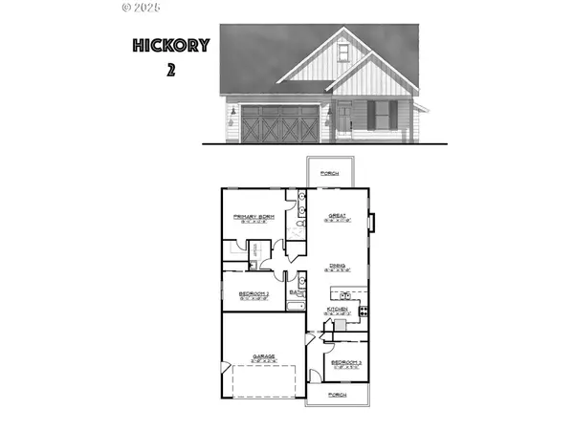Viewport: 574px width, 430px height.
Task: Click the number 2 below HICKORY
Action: click(170, 70)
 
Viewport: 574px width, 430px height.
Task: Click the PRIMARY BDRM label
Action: click(254, 217)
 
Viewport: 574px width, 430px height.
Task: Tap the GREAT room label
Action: click(336, 217)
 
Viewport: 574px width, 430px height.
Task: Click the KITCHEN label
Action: click(337, 310)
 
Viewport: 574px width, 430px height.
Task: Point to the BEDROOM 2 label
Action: click(254, 292)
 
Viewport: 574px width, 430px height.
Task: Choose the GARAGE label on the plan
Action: click(264, 356)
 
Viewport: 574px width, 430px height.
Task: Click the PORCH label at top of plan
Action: click(330, 174)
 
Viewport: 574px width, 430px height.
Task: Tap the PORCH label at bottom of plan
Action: click(336, 394)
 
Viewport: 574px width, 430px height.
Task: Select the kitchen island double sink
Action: click(345, 296)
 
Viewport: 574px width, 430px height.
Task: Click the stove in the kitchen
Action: click(363, 311)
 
